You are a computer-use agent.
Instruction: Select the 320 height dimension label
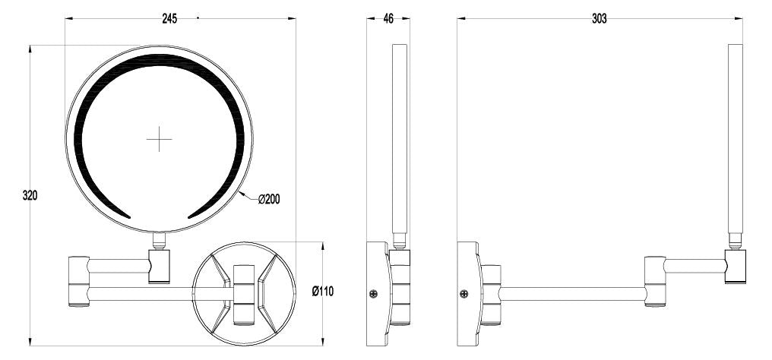pos(30,195)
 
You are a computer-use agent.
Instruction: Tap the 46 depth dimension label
pos(388,19)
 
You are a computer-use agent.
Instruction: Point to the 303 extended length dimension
pos(599,19)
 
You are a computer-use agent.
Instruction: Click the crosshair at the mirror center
pos(160,139)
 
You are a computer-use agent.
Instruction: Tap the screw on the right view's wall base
pos(464,293)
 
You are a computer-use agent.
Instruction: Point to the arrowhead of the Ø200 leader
pos(242,194)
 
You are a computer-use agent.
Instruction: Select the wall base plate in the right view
pos(468,293)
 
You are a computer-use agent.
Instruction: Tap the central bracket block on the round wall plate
pos(244,293)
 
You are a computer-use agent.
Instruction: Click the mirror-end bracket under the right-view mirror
pos(735,266)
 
